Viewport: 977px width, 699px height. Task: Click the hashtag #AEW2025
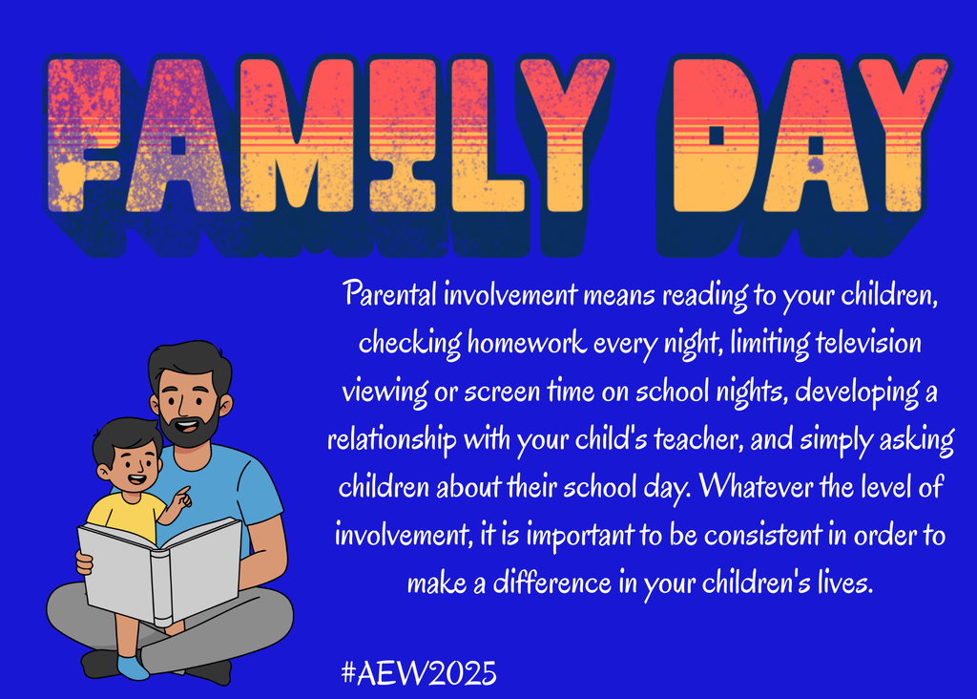[419, 672]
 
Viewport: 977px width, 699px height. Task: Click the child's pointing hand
[180, 498]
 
